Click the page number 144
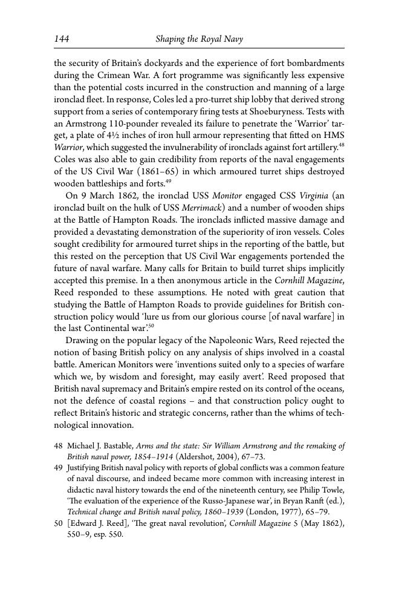(62, 39)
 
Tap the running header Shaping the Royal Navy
(199, 39)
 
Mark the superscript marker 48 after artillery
(342, 145)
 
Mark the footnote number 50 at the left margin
(59, 523)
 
